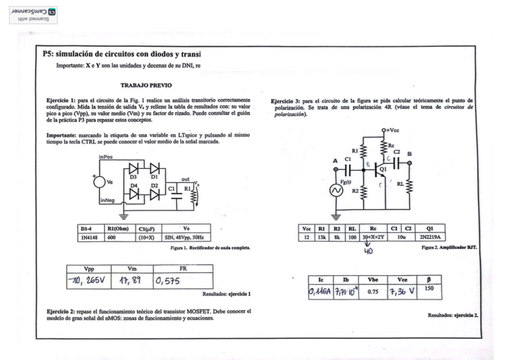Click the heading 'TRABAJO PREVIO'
(x=146, y=86)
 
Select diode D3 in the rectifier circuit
(x=134, y=168)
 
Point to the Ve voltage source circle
(x=97, y=181)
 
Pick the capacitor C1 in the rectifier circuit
(x=176, y=195)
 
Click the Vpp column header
(x=88, y=269)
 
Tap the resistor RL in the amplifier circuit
(x=409, y=185)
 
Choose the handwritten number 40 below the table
(x=367, y=251)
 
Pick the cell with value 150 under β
(x=429, y=289)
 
